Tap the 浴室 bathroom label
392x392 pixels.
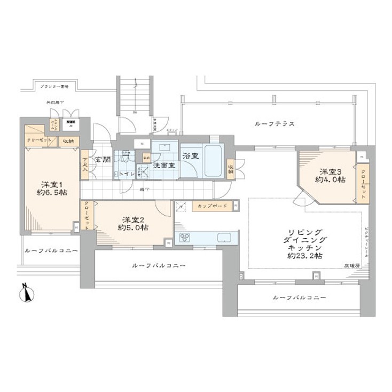click(190, 156)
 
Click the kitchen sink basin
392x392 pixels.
click(222, 238)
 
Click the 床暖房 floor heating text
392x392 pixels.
click(350, 266)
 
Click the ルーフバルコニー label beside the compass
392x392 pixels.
click(51, 250)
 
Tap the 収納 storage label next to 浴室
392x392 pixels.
click(231, 168)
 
